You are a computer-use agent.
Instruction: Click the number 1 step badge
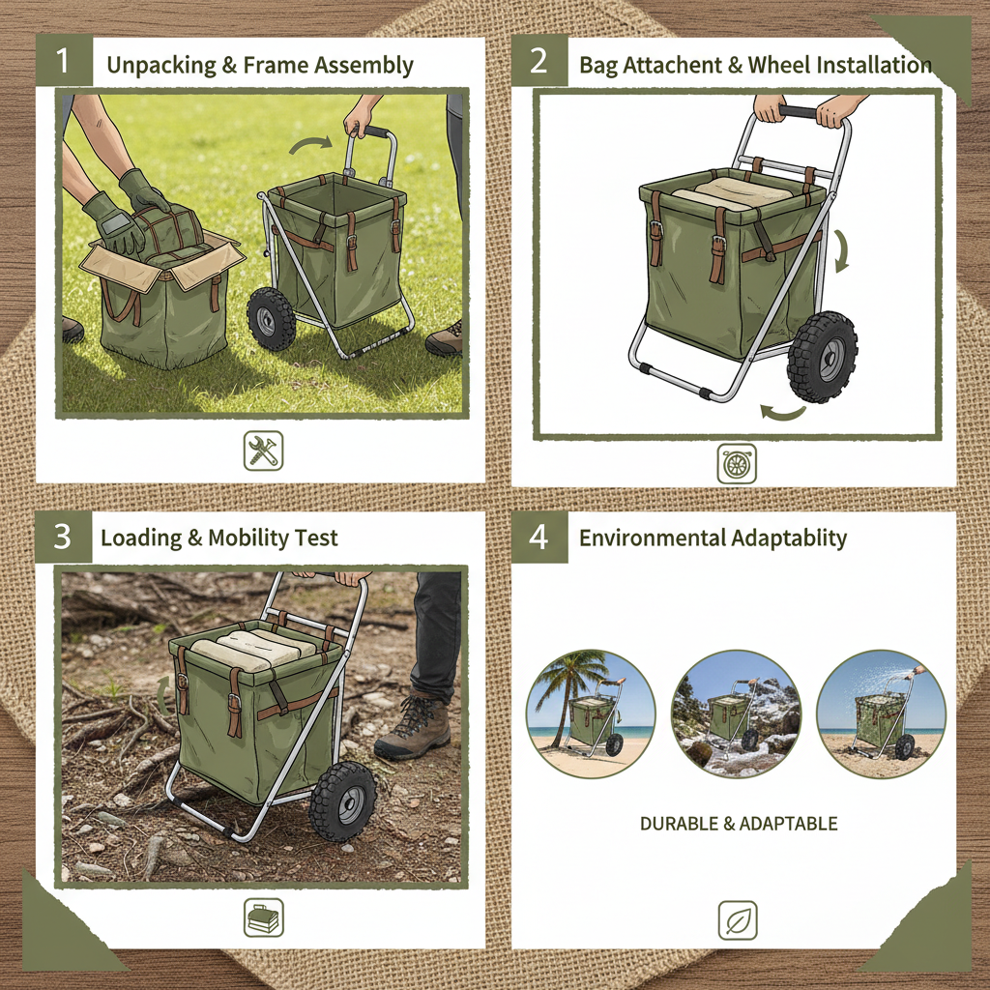(64, 60)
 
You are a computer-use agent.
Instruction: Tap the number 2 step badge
(539, 60)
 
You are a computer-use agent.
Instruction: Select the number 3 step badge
(63, 537)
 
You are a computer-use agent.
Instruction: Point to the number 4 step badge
(539, 537)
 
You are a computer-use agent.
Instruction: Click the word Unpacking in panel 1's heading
(161, 66)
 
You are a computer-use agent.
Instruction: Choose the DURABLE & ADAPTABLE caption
(739, 824)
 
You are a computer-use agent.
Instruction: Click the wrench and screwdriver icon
(263, 451)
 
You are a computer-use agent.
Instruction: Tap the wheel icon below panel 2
(737, 464)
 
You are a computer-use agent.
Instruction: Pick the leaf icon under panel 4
(738, 920)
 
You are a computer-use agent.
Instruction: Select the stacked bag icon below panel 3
(263, 917)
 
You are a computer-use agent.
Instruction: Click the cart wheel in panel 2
(822, 358)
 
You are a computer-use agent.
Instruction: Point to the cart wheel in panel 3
(343, 801)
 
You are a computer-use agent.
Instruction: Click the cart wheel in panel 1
(271, 319)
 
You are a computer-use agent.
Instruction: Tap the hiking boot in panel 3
(413, 725)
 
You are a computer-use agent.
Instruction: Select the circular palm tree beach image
(591, 714)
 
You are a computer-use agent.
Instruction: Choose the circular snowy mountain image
(736, 714)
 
